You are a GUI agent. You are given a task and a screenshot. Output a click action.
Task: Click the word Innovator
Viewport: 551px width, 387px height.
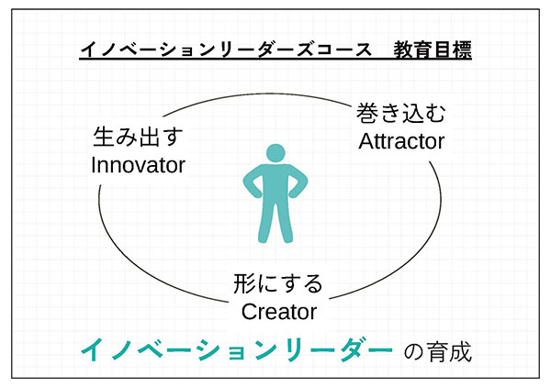tap(138, 165)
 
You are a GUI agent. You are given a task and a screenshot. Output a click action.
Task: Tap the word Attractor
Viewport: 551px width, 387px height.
tap(401, 141)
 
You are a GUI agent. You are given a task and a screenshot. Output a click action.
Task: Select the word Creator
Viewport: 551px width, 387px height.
tap(279, 312)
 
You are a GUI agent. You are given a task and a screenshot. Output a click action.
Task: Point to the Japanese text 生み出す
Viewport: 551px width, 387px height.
tap(138, 137)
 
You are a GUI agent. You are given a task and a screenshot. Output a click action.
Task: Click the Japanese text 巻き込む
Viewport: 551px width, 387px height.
tap(401, 113)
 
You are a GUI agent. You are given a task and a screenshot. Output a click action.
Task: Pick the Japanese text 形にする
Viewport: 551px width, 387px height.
tap(278, 283)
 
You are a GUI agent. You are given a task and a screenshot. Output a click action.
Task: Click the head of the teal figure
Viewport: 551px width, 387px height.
tap(275, 154)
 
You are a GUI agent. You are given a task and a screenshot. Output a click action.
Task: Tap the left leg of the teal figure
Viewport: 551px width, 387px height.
tap(265, 219)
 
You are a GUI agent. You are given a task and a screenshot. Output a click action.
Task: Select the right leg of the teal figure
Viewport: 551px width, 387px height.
tap(285, 219)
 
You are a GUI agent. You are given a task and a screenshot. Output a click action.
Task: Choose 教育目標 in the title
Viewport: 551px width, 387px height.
tap(433, 50)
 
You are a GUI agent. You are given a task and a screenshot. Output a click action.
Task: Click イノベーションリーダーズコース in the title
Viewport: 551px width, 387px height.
tap(226, 50)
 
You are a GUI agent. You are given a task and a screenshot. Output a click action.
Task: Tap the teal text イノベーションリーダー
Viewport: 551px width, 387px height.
tap(237, 350)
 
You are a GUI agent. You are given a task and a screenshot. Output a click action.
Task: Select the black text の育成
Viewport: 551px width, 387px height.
tap(437, 351)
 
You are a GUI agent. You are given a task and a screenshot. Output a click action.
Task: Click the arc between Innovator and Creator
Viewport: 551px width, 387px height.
tap(141, 264)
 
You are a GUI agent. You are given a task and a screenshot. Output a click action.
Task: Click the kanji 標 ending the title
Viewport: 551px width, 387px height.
tap(462, 50)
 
